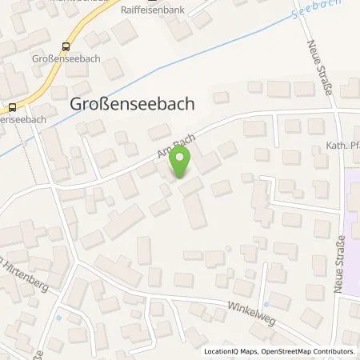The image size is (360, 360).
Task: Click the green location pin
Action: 182,162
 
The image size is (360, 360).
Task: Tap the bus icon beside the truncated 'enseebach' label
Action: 13,106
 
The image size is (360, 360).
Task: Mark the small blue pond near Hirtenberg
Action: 58,318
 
